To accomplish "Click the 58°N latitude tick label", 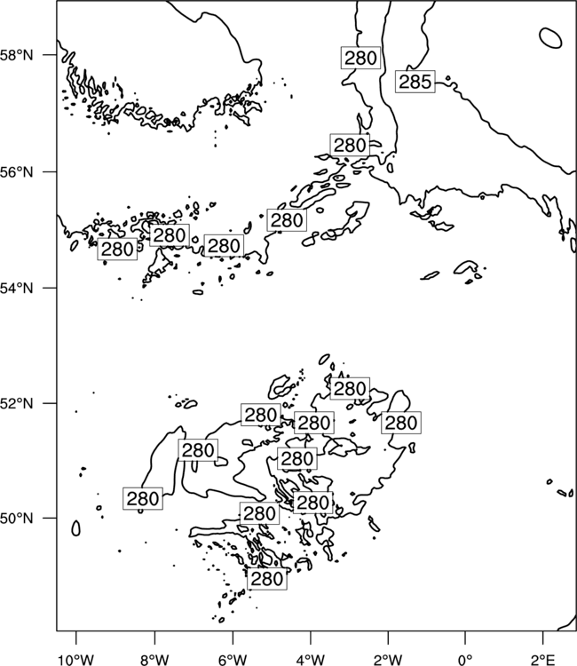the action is (x=17, y=55).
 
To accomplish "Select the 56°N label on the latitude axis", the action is (x=17, y=172).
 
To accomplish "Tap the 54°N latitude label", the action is (x=17, y=288).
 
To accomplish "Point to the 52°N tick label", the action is (x=17, y=403).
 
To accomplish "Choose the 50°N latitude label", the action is (x=17, y=519).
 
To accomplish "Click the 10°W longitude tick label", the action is (x=76, y=660).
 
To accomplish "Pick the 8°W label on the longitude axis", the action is (x=154, y=660).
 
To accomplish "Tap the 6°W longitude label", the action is (x=233, y=660).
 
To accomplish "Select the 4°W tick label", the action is (x=310, y=660).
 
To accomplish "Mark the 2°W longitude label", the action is (x=388, y=660).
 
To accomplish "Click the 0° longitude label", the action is (x=465, y=660).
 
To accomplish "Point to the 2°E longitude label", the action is (x=543, y=660).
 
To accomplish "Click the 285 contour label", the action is (x=415, y=82).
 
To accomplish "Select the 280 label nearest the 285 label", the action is (x=360, y=58).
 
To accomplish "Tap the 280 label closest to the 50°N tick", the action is (x=143, y=499).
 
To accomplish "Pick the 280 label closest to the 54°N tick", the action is (x=117, y=249).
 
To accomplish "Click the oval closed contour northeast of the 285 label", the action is (x=550, y=38).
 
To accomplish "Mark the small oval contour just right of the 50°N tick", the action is (x=76, y=528).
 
